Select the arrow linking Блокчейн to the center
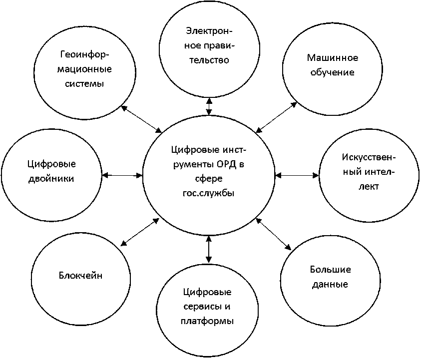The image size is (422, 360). (x=140, y=232)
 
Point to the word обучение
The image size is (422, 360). (x=331, y=72)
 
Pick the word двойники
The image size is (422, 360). (x=51, y=178)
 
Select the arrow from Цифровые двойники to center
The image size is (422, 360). (x=123, y=175)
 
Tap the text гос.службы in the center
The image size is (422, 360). (x=209, y=193)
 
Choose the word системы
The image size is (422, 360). (x=84, y=84)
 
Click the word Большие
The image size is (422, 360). (x=331, y=270)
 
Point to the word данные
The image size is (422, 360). (x=330, y=285)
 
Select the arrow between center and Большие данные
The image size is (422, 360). (x=273, y=233)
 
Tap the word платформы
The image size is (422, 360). (x=207, y=321)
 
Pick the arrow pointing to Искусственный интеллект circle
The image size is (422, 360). (x=297, y=175)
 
